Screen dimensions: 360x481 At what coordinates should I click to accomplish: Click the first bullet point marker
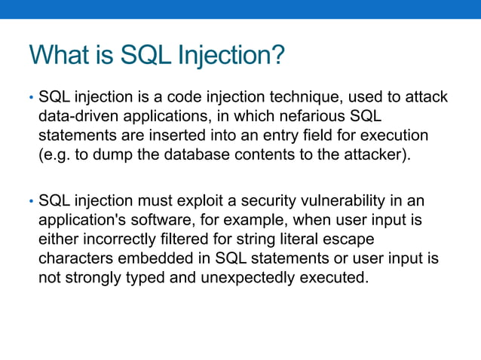click(31, 99)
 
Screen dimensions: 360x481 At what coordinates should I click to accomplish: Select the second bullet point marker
click(31, 203)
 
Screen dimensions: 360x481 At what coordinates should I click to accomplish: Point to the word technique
click(274, 98)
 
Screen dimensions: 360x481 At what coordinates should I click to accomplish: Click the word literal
click(311, 240)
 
